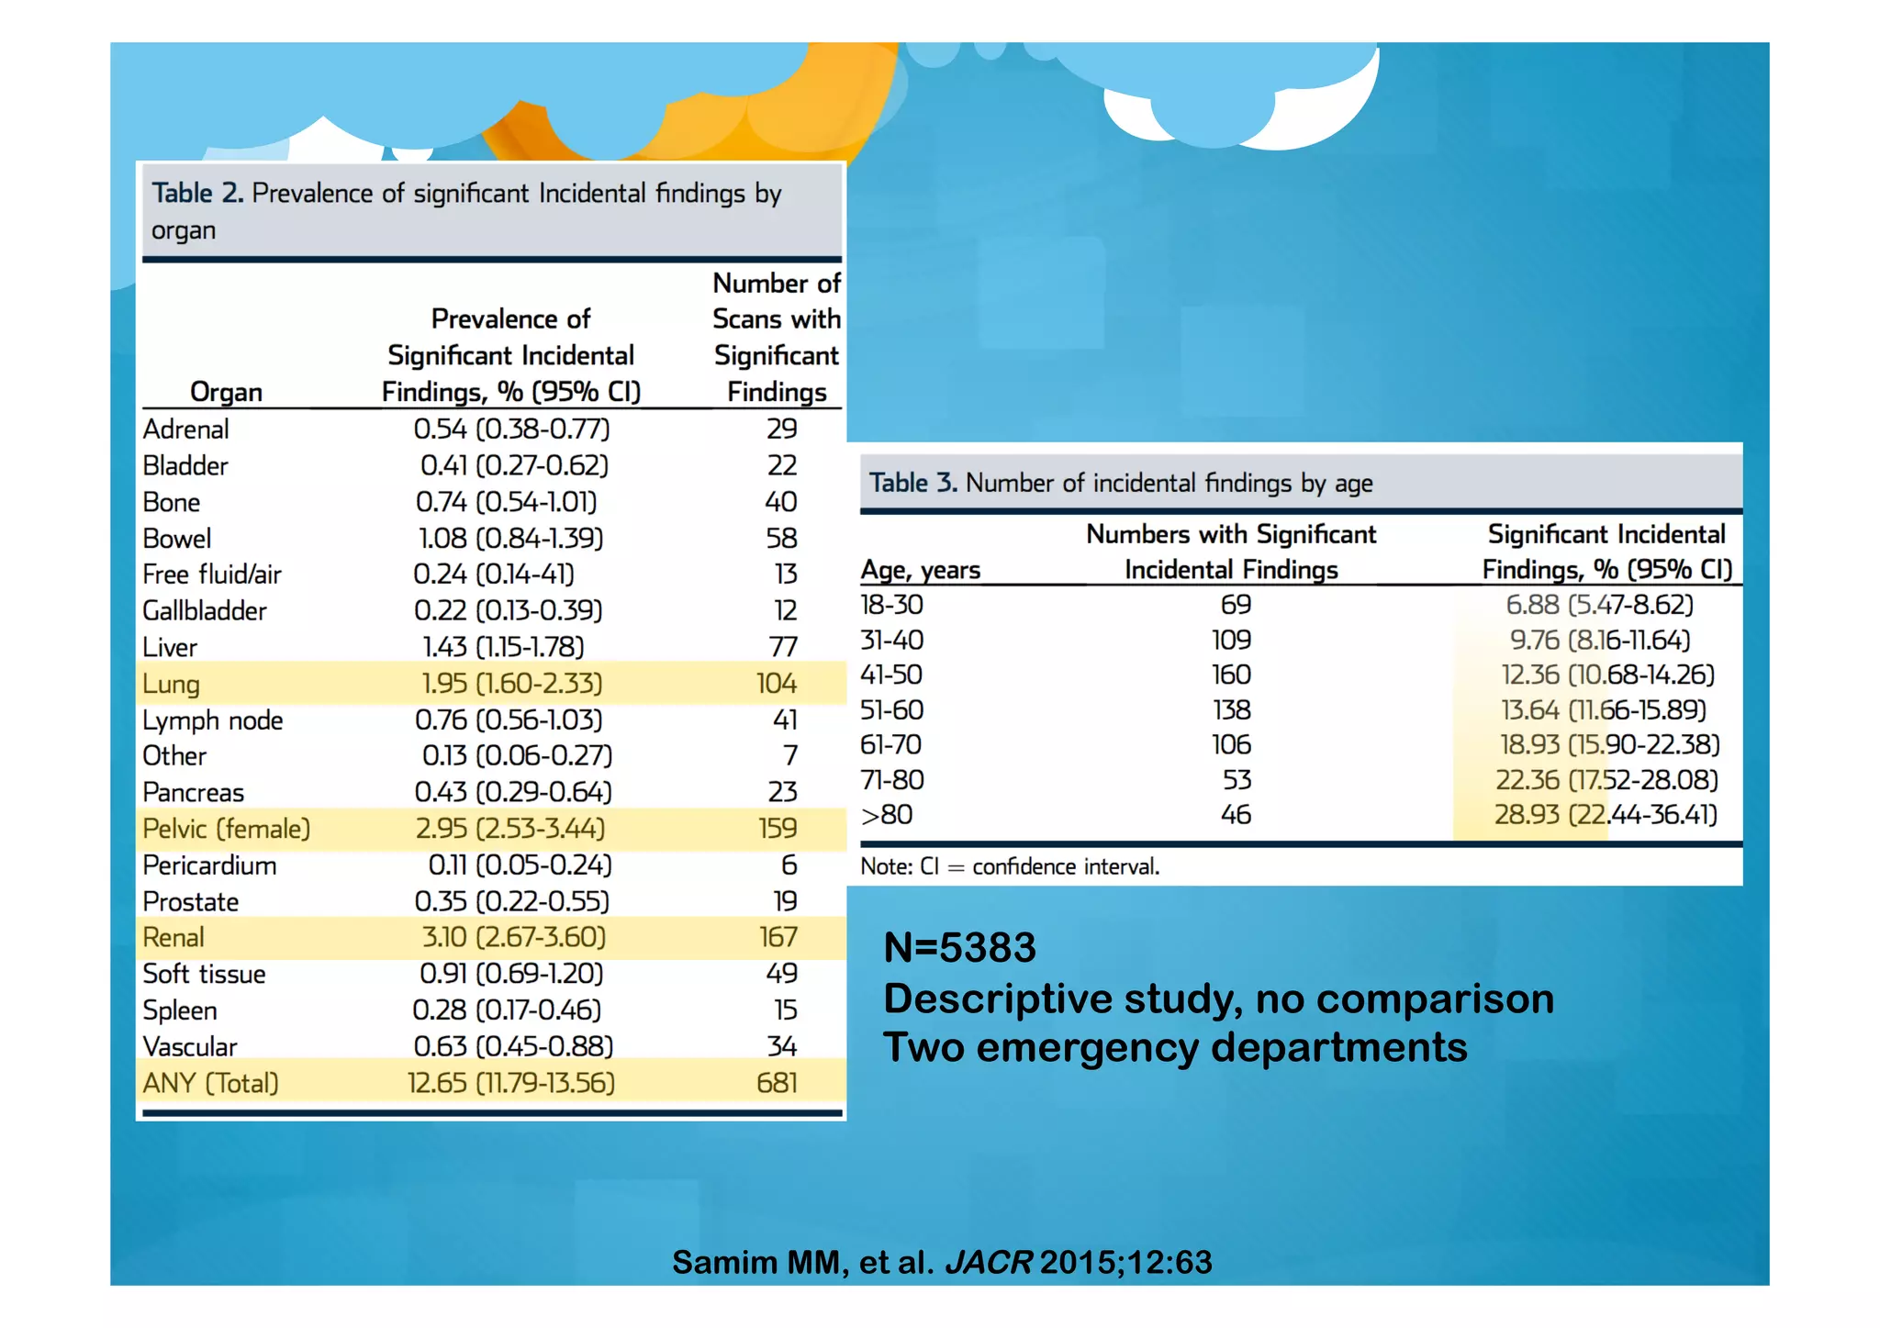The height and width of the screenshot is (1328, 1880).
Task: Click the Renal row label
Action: tap(173, 937)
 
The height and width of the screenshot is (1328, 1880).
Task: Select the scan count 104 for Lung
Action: tap(777, 683)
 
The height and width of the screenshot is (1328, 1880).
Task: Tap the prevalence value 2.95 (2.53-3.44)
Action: tap(510, 828)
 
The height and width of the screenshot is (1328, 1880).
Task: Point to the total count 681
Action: tap(777, 1083)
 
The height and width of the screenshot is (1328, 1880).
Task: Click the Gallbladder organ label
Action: tap(205, 610)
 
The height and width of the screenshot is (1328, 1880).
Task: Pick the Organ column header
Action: tap(226, 392)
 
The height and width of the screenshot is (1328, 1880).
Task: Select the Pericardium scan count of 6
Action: tap(789, 865)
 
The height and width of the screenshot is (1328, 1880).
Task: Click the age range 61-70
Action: tap(890, 744)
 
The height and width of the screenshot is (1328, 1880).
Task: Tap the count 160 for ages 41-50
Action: tap(1231, 675)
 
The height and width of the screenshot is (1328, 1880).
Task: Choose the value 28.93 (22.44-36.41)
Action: tap(1606, 814)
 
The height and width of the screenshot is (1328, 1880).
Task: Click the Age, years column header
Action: tap(920, 570)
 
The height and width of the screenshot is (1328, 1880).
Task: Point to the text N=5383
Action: tap(959, 947)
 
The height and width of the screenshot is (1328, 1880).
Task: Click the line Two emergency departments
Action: tap(1175, 1047)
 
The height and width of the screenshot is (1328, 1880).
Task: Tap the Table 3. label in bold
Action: tap(912, 483)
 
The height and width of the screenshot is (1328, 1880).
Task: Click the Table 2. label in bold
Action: tap(197, 193)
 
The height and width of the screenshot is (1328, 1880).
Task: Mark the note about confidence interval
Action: tap(1010, 866)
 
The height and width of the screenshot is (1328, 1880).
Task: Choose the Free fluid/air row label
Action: tap(212, 575)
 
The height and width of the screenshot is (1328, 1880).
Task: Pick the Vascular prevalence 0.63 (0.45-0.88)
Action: tap(513, 1046)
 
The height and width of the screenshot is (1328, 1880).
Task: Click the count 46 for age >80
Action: tap(1236, 814)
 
